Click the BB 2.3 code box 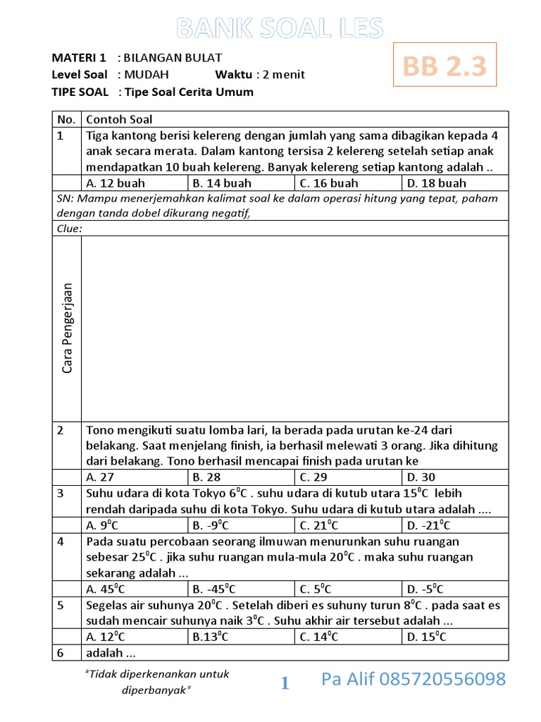point(444,66)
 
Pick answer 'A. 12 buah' point(116,183)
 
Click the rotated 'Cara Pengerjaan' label point(68,328)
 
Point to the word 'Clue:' point(70,228)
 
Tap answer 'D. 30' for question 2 point(422,477)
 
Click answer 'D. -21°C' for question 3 point(428,525)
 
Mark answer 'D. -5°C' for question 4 point(425,589)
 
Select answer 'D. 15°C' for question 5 point(426,637)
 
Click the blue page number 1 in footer point(285,683)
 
